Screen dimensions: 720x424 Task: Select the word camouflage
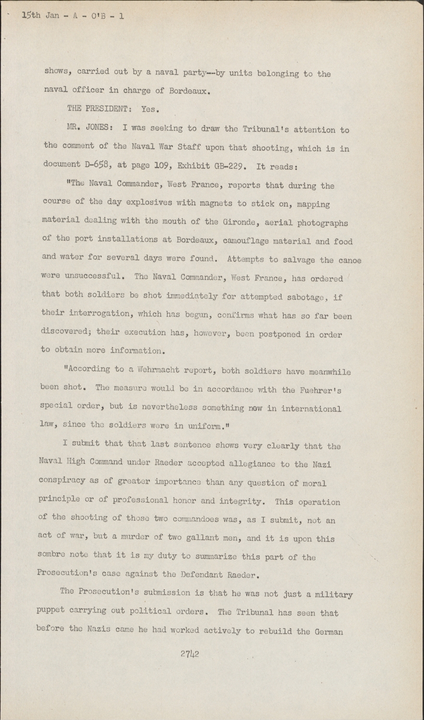pyautogui.click(x=245, y=241)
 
